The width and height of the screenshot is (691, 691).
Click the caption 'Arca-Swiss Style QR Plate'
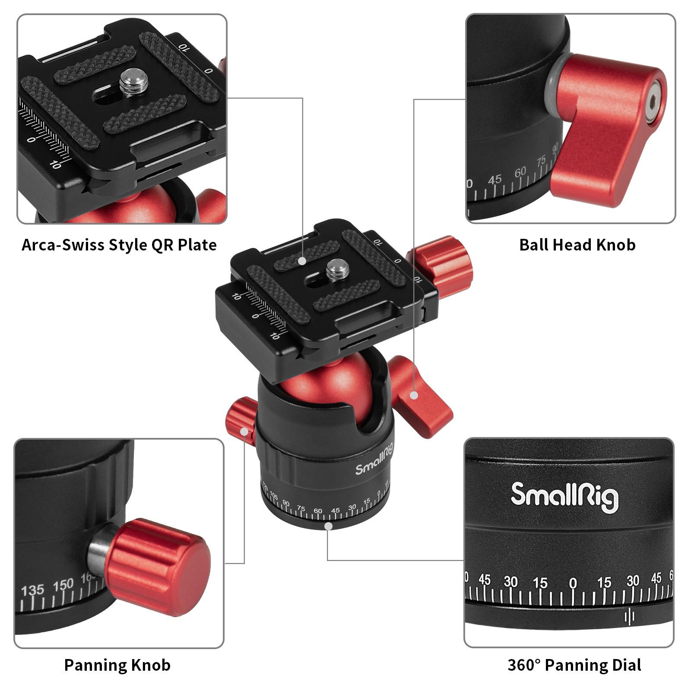click(119, 245)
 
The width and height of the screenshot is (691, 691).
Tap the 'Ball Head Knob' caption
click(577, 245)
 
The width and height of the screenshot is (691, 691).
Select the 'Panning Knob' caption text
click(117, 665)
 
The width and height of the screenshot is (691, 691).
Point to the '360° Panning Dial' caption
click(574, 665)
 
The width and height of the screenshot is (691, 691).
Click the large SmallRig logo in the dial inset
click(564, 497)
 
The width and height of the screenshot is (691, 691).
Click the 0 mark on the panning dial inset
click(573, 583)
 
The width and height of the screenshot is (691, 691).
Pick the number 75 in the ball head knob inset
click(541, 162)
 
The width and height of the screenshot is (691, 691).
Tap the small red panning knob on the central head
click(240, 418)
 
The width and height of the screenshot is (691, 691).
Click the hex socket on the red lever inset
click(653, 101)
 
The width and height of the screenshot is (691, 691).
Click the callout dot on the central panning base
click(329, 526)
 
